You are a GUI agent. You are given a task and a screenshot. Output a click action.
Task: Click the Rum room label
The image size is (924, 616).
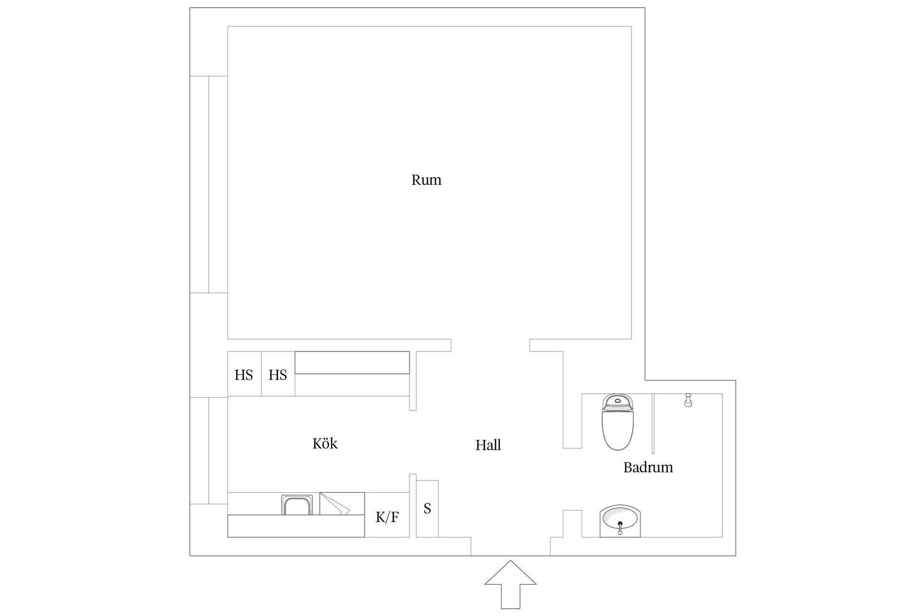426,180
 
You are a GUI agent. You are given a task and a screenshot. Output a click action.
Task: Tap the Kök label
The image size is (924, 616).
325,443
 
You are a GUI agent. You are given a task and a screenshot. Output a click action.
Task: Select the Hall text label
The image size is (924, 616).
488,445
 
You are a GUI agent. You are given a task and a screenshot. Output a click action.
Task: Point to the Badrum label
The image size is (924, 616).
648,467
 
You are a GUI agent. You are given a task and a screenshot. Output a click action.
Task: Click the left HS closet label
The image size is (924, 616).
244,375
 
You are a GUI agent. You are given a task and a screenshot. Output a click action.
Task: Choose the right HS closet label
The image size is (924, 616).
278,375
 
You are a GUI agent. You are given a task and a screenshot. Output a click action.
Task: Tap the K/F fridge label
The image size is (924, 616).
387,517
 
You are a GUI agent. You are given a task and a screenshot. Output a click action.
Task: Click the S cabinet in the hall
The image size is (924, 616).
427,509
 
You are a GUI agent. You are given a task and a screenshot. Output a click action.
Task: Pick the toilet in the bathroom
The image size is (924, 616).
618,423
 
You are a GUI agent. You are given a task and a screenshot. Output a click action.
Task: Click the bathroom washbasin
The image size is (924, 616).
620,522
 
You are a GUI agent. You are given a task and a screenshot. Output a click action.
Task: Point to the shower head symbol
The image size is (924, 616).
689,400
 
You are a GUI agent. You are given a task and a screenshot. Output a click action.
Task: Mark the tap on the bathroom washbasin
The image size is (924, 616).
620,528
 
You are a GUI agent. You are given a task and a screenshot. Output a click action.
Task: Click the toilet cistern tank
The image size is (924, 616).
618,401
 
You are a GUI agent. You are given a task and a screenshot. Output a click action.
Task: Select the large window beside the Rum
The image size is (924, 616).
209,184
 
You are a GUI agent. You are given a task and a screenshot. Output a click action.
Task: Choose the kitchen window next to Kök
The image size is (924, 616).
209,450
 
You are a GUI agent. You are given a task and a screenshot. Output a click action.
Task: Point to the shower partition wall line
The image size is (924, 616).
653,423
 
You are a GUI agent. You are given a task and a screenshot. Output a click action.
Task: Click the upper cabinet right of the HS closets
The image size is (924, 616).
352,362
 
